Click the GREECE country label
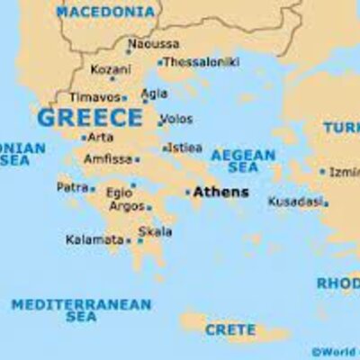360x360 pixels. [89, 118]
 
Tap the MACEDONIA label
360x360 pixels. [104, 12]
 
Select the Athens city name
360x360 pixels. [220, 192]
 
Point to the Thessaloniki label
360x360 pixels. [202, 62]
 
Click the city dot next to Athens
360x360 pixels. [188, 192]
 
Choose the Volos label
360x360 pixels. [177, 117]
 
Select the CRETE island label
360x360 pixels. [229, 329]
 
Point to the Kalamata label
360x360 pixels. [94, 240]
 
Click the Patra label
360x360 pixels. [72, 187]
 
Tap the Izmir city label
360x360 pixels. [344, 171]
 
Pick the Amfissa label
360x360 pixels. [108, 159]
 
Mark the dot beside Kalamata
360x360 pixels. [129, 240]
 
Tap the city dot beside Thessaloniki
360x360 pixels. [160, 63]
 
